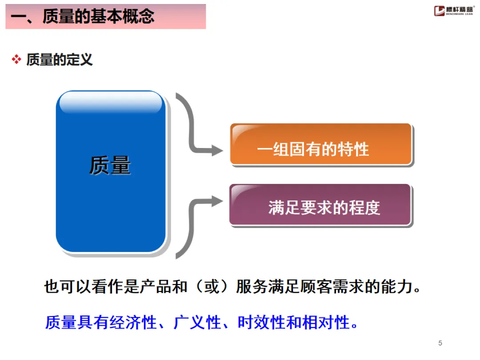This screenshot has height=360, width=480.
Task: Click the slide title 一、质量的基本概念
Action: (83, 17)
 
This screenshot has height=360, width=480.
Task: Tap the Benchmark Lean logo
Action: (454, 11)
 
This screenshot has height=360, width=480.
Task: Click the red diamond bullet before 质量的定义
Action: (16, 60)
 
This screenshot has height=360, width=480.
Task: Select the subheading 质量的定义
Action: (59, 60)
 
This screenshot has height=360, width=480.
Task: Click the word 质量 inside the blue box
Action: (110, 165)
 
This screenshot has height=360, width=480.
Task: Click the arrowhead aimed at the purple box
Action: (217, 201)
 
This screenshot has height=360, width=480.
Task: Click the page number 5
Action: (440, 343)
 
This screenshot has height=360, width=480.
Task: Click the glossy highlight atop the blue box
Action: (111, 103)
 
